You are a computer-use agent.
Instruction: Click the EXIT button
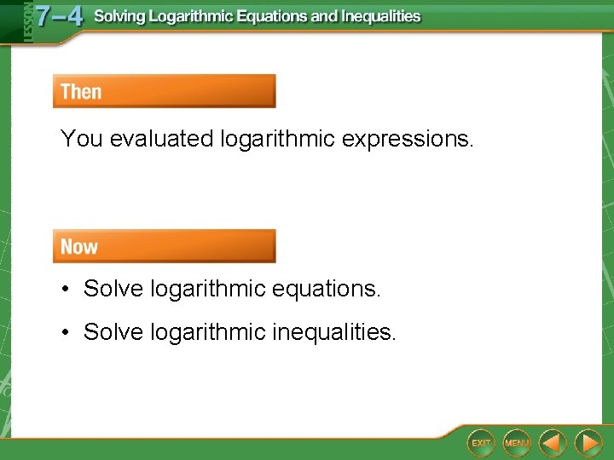(481, 442)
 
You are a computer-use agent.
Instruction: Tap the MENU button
(517, 442)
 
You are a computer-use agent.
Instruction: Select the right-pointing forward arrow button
(588, 442)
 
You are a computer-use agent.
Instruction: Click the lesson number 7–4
(59, 17)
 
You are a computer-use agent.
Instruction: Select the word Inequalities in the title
(381, 17)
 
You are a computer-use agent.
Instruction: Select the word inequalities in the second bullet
(333, 331)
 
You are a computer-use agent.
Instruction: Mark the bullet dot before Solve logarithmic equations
(66, 290)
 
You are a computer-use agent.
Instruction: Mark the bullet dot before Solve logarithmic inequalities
(66, 332)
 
